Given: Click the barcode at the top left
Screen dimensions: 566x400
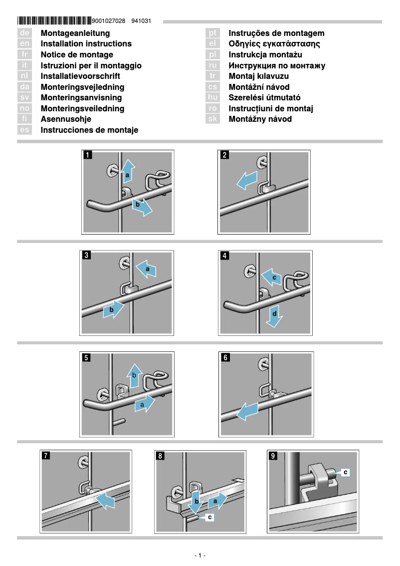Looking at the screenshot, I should point(54,21).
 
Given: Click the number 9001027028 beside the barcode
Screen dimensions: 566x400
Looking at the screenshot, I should point(109,21).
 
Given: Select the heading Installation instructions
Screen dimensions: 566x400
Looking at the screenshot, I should point(86,44).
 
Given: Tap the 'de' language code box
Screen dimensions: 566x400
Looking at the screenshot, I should point(25,33).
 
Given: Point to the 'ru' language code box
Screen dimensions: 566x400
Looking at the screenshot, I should point(213,65).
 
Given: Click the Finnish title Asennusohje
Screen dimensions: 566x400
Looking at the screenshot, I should point(66,119).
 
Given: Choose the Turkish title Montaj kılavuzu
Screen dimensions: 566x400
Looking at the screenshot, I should point(258,76).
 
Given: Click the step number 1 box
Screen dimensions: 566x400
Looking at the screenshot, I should point(87,155).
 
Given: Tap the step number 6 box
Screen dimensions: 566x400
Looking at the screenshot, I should point(225,357).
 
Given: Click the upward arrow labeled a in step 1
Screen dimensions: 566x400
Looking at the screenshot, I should point(128,172).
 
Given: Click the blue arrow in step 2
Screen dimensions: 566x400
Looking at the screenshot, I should point(247,181).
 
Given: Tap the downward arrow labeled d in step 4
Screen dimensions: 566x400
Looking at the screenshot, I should point(273,316).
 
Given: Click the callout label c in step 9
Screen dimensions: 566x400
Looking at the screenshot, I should point(346,471).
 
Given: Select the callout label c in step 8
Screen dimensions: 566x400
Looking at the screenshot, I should point(210,518).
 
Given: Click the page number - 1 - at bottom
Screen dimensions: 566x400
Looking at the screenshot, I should point(200,556).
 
